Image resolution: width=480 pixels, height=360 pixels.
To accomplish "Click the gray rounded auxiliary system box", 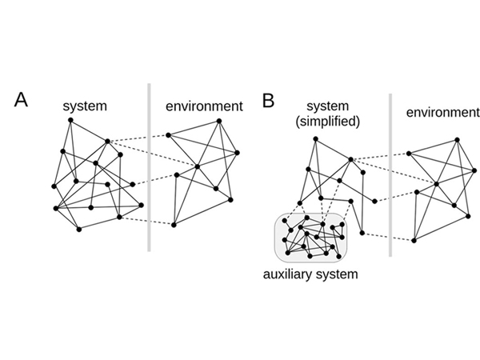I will click(x=313, y=238).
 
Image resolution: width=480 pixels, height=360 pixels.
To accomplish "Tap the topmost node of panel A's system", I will click(x=70, y=120).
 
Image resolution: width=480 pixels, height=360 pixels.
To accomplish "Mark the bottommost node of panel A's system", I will click(x=79, y=230).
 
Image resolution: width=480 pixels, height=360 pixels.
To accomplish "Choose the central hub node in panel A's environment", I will click(x=197, y=167).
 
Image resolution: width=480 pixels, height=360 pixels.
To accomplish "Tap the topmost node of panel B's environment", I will click(x=458, y=138).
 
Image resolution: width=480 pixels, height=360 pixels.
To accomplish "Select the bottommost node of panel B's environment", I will click(x=415, y=239).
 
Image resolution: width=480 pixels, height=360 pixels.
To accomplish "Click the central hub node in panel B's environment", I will click(x=436, y=185).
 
